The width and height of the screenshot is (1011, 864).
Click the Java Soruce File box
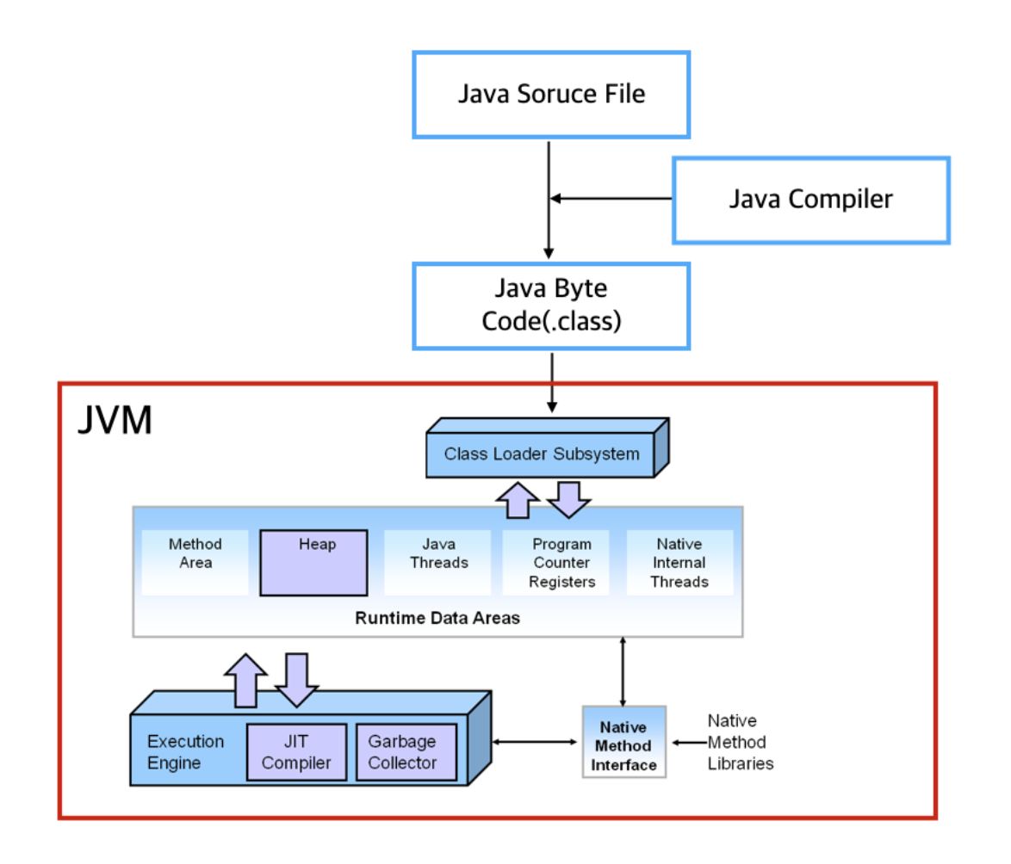click(551, 94)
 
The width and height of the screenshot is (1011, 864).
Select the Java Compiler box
click(810, 200)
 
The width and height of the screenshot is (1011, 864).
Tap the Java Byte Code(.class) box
click(551, 305)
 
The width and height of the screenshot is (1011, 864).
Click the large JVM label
click(115, 421)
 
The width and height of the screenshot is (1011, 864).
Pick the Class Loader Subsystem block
click(542, 454)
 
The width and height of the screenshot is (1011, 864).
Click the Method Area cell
click(195, 553)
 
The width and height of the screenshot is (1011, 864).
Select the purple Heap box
click(314, 563)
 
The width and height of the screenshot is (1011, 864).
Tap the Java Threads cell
click(438, 553)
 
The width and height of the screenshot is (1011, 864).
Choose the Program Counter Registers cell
click(561, 563)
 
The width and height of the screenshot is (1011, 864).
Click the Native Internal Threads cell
click(679, 563)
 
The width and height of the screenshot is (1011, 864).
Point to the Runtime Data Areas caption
click(437, 618)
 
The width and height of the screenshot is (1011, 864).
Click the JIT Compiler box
click(296, 752)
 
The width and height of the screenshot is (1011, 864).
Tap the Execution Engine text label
click(185, 752)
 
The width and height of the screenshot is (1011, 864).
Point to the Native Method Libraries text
click(740, 742)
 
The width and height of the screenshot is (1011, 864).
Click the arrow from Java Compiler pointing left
click(611, 199)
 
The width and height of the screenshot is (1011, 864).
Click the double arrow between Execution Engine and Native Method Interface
click(534, 741)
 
